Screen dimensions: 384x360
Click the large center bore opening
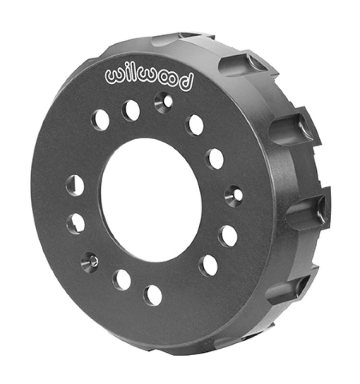click(151, 200)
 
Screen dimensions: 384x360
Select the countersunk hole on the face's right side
click(234, 193)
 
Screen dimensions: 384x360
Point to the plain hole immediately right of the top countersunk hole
click(195, 125)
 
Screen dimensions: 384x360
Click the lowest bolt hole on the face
click(153, 295)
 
